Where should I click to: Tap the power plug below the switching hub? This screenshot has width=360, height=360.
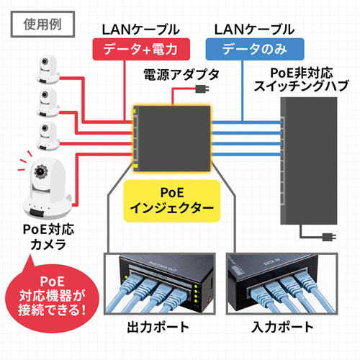(x=328, y=237)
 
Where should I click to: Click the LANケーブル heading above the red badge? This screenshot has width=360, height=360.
(x=142, y=30)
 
